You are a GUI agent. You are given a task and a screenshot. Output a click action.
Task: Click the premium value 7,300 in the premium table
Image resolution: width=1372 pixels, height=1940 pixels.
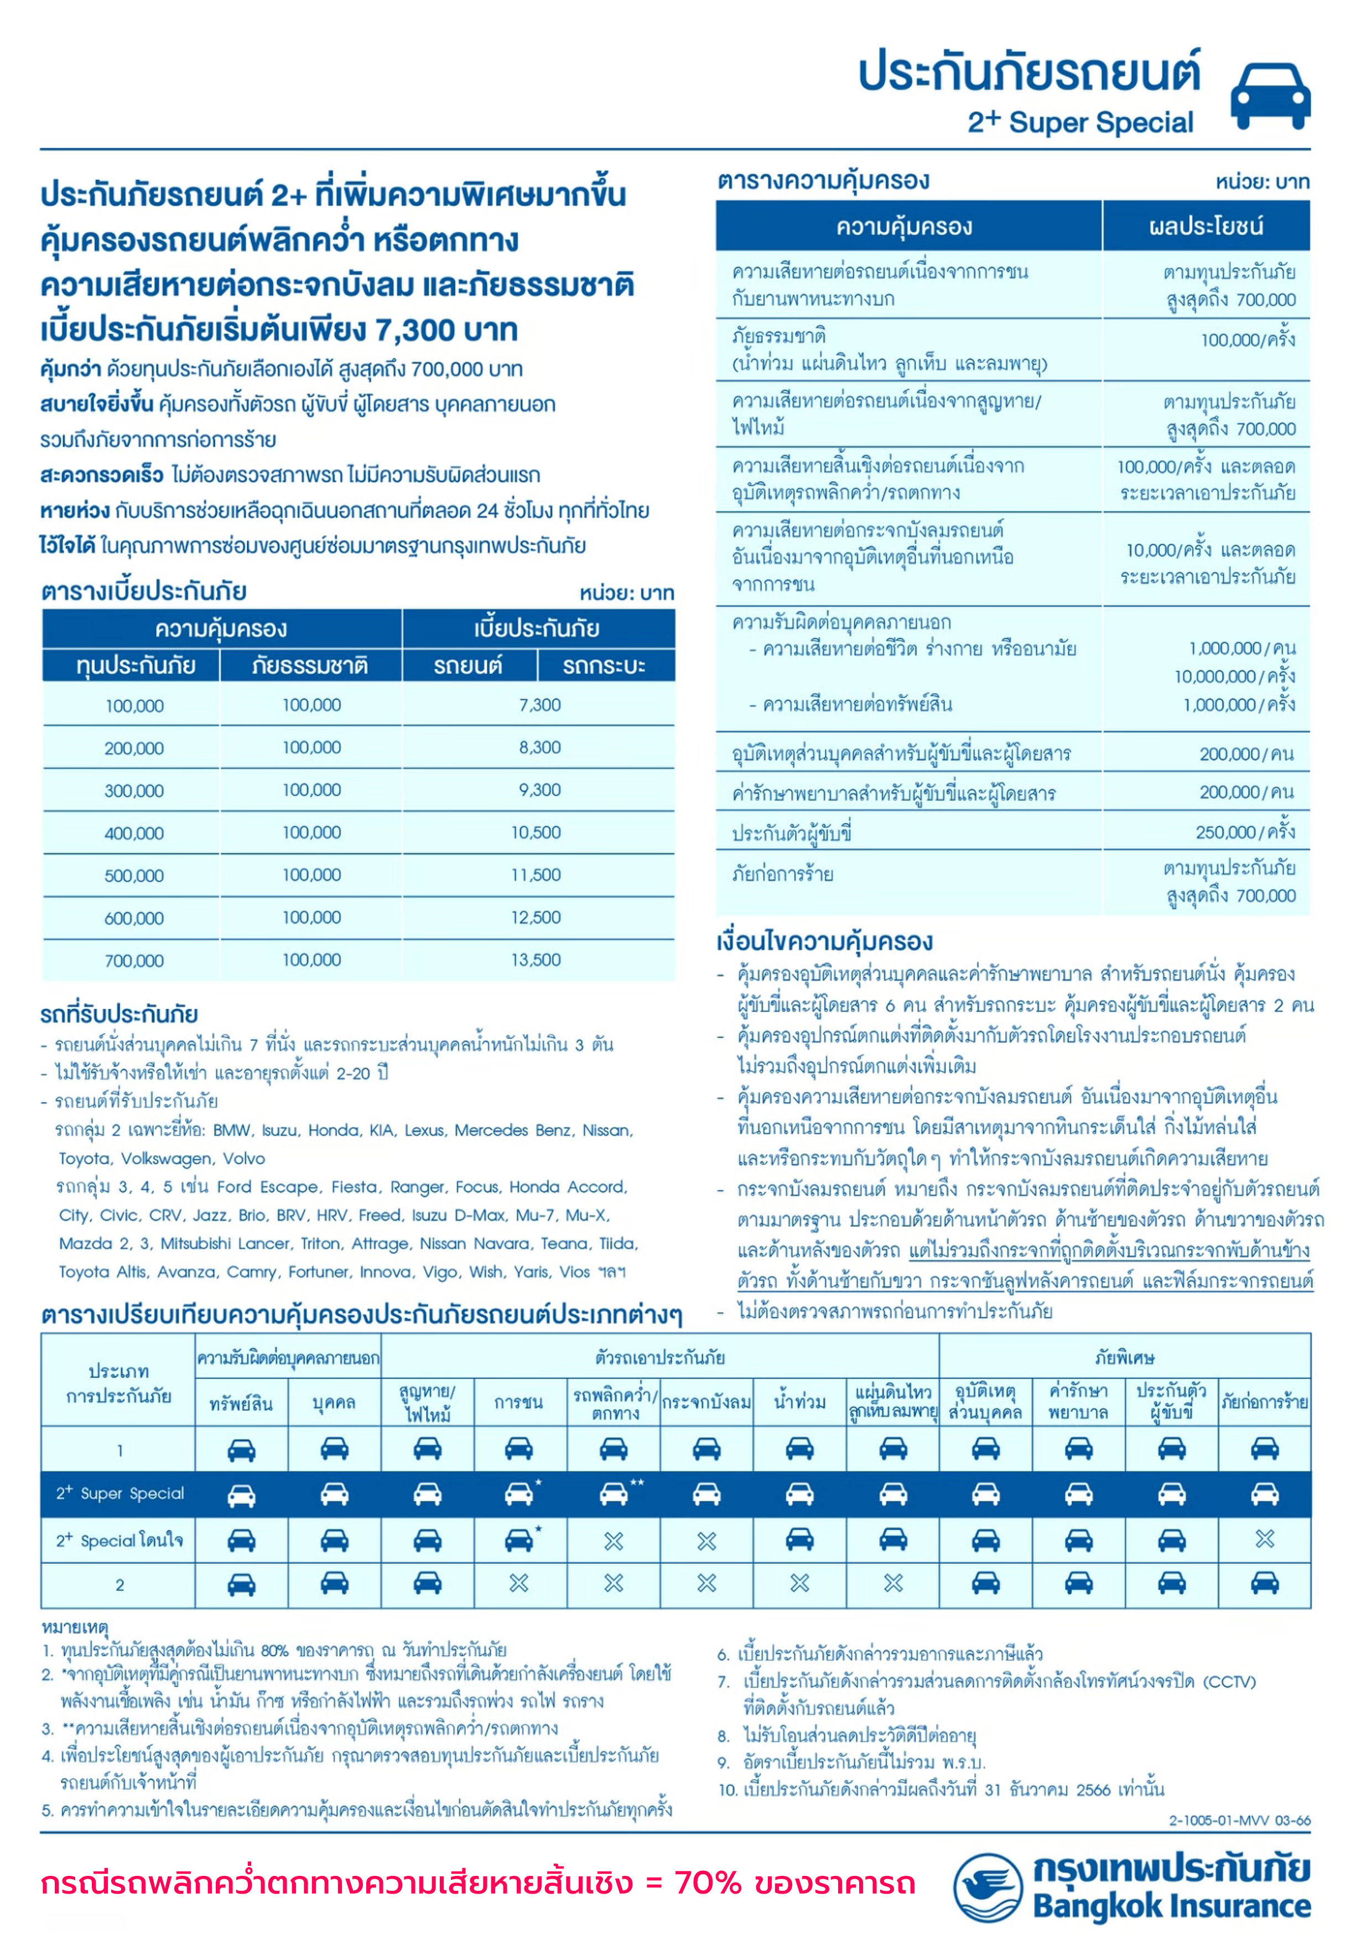(x=539, y=705)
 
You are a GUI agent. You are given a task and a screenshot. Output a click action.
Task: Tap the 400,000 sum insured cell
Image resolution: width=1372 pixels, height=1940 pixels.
(x=134, y=833)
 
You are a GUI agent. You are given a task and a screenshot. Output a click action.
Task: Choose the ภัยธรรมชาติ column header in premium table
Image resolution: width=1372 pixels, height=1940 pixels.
(x=310, y=666)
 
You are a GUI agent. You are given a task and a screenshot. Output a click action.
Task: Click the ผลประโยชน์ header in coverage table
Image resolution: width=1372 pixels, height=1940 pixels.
(x=1205, y=226)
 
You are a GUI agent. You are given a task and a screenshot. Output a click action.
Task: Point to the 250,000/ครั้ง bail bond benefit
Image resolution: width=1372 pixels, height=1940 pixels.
(x=1244, y=832)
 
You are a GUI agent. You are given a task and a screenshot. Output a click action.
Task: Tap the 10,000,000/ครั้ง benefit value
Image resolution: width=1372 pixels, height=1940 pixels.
(x=1234, y=676)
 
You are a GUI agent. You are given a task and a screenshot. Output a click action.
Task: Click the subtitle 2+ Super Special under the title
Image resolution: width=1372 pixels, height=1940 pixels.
(x=1080, y=123)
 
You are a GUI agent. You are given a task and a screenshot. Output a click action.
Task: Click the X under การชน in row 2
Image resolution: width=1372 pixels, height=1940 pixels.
(x=518, y=1583)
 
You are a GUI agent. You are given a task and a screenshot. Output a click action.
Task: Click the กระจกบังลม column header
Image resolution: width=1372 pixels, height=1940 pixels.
(x=706, y=1402)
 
